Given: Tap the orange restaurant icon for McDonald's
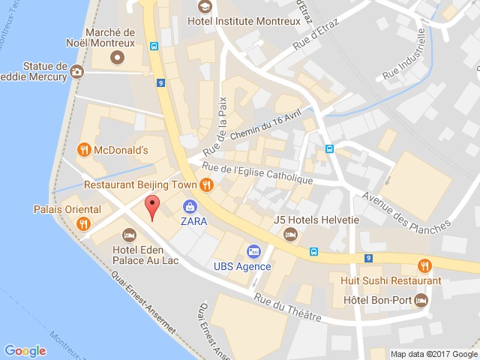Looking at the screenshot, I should coord(85,149).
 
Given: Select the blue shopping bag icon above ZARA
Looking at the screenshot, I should coord(190,205).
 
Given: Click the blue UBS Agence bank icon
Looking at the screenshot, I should coord(253,250).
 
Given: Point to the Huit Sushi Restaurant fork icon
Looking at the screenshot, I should coord(425,265).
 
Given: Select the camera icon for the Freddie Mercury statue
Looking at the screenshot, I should coord(77,73).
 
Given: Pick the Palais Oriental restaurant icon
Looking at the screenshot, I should coord(85,223).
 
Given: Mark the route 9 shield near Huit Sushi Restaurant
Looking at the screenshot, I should coord(368,259).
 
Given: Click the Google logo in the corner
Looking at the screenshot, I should coord(25,350).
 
